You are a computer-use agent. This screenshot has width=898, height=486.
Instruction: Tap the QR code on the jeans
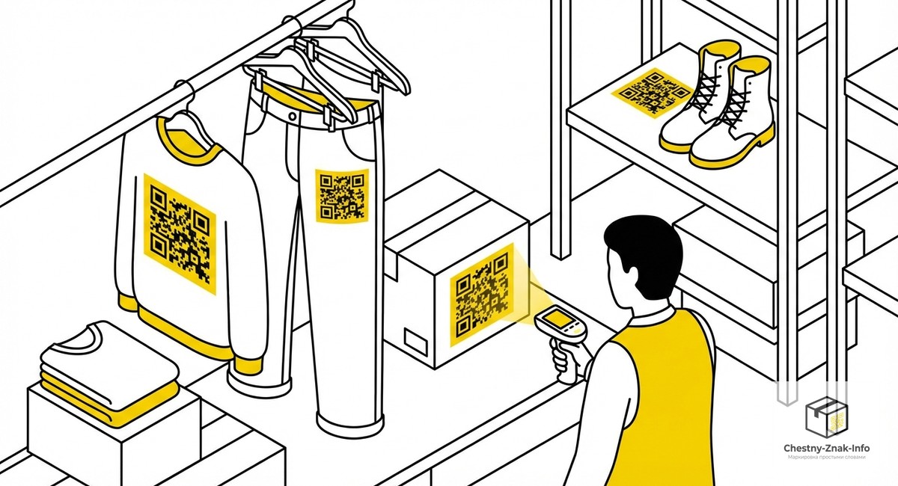pyautogui.click(x=342, y=195)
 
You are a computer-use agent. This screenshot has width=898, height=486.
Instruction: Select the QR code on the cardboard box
pyautogui.click(x=482, y=295)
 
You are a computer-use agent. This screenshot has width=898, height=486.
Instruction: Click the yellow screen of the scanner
pyautogui.click(x=557, y=321)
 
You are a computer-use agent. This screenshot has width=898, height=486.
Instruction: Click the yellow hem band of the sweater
pyautogui.click(x=180, y=329)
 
